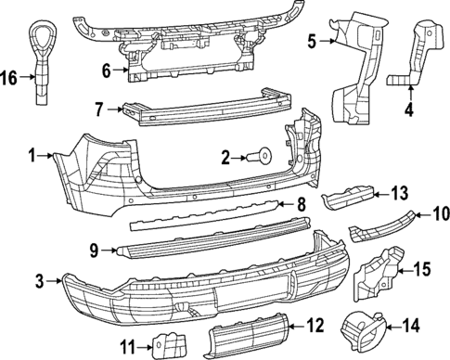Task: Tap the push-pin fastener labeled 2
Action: point(263,157)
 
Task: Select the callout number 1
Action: point(33,157)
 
